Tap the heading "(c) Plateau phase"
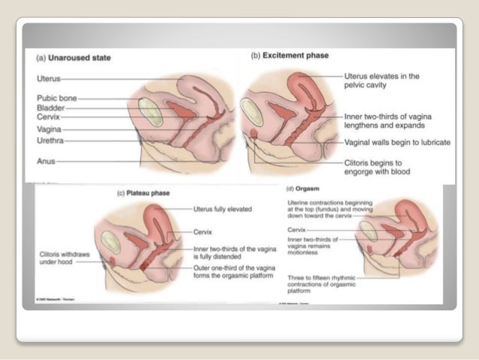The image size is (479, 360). pos(143,193)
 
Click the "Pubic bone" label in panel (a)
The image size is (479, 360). pos(56,98)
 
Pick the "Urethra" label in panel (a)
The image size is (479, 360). pos(50,139)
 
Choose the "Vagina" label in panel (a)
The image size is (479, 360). pos(49,129)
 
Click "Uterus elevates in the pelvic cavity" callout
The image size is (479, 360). pos(381,81)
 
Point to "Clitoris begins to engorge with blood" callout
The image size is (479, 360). pos(378,165)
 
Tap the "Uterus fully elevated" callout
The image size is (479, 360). pos(222,208)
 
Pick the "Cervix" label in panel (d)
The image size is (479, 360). pos(296,229)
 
